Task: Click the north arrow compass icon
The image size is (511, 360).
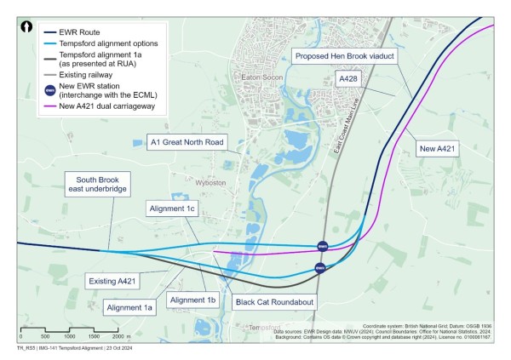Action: click(28, 26)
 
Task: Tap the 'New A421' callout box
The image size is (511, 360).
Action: click(439, 149)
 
